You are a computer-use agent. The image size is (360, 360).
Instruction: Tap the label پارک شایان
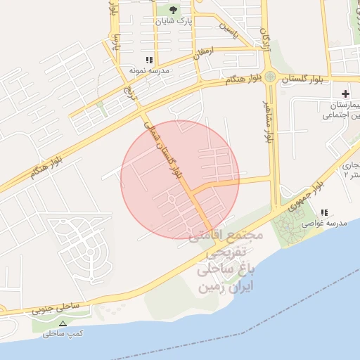(x=174, y=22)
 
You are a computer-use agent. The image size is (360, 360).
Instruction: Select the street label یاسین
(x=231, y=29)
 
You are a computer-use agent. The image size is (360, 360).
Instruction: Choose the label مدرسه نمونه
(x=147, y=71)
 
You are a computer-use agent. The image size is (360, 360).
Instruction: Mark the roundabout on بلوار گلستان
(x=270, y=77)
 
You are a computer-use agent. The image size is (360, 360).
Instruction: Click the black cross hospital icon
(x=345, y=94)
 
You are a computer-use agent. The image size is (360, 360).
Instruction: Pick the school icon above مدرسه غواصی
(x=324, y=212)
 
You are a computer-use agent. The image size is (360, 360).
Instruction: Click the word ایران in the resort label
(x=236, y=286)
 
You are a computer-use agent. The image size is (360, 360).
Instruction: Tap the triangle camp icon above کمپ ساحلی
(x=63, y=323)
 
